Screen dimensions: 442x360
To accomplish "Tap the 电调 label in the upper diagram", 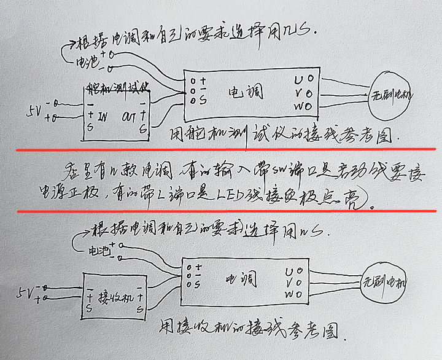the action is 246,92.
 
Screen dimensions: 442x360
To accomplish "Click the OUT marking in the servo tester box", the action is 130,116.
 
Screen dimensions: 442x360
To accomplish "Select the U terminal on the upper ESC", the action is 299,79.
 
